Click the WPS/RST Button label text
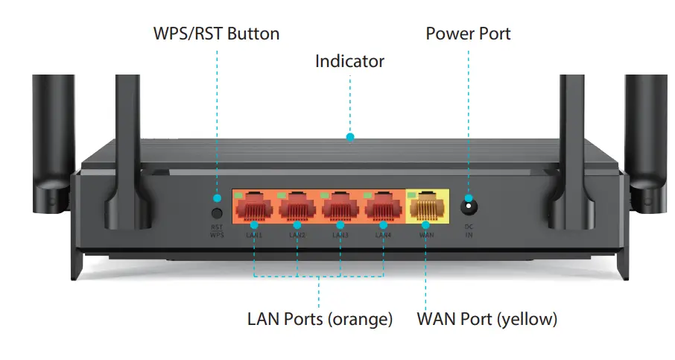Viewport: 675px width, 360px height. [x=216, y=34]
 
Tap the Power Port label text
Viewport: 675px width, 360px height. [x=468, y=34]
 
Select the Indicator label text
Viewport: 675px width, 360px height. [x=349, y=61]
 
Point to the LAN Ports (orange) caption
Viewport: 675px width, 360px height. [x=320, y=320]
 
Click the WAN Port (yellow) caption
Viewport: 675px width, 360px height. [x=487, y=320]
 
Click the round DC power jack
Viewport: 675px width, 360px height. [x=469, y=203]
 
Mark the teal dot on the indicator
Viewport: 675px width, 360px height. [x=350, y=137]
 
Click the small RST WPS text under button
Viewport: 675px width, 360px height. [x=217, y=231]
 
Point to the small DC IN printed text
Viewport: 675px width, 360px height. [x=469, y=231]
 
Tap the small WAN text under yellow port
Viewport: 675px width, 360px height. [x=426, y=235]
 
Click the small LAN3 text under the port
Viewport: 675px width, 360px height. [x=340, y=235]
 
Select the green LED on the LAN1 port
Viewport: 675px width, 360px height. [x=240, y=195]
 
